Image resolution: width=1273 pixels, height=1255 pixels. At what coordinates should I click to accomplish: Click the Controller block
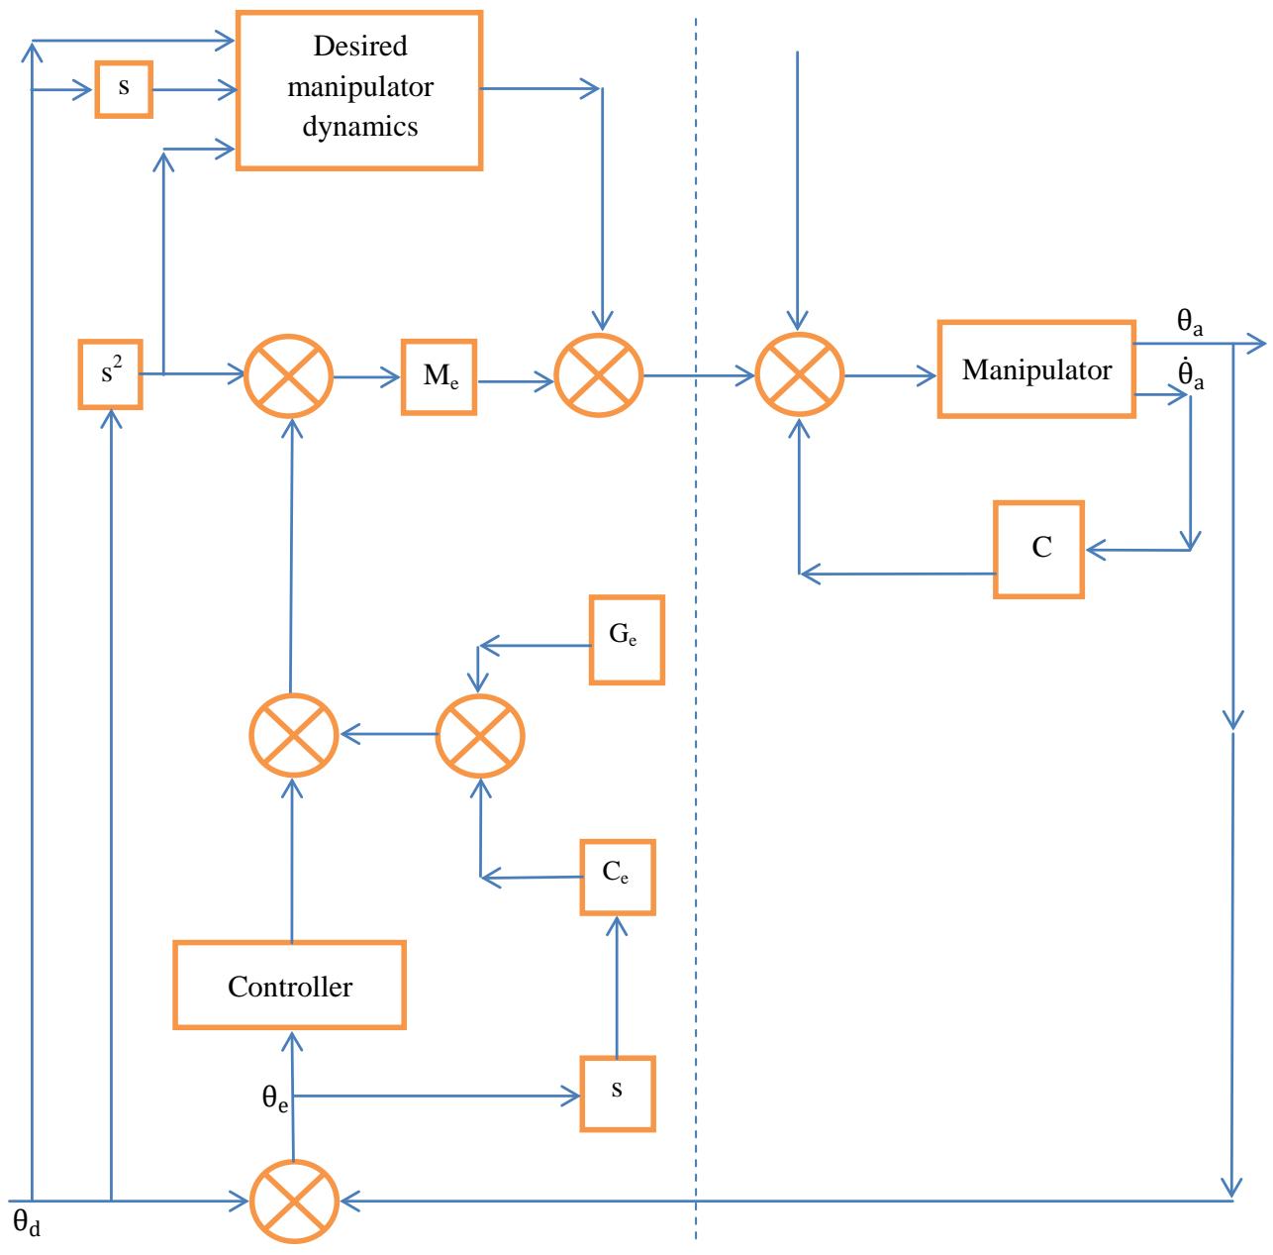[289, 986]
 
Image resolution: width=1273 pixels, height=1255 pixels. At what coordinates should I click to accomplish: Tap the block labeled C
[1038, 549]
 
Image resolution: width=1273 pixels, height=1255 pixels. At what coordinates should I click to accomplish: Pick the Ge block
[627, 640]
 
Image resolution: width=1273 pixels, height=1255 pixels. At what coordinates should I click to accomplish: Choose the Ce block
[618, 877]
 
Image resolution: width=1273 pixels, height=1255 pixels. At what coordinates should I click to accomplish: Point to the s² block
[109, 374]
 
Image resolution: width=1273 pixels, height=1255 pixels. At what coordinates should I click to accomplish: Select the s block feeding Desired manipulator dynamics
[124, 89]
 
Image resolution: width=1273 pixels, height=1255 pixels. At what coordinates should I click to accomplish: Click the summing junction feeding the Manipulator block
[799, 375]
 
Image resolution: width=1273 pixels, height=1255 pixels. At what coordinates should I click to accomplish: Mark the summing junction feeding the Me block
[289, 376]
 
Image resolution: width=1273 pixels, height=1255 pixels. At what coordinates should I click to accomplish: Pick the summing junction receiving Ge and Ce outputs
[480, 735]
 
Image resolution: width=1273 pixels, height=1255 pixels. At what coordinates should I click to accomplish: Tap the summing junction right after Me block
[600, 375]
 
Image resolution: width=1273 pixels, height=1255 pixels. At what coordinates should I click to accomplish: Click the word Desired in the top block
[359, 47]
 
